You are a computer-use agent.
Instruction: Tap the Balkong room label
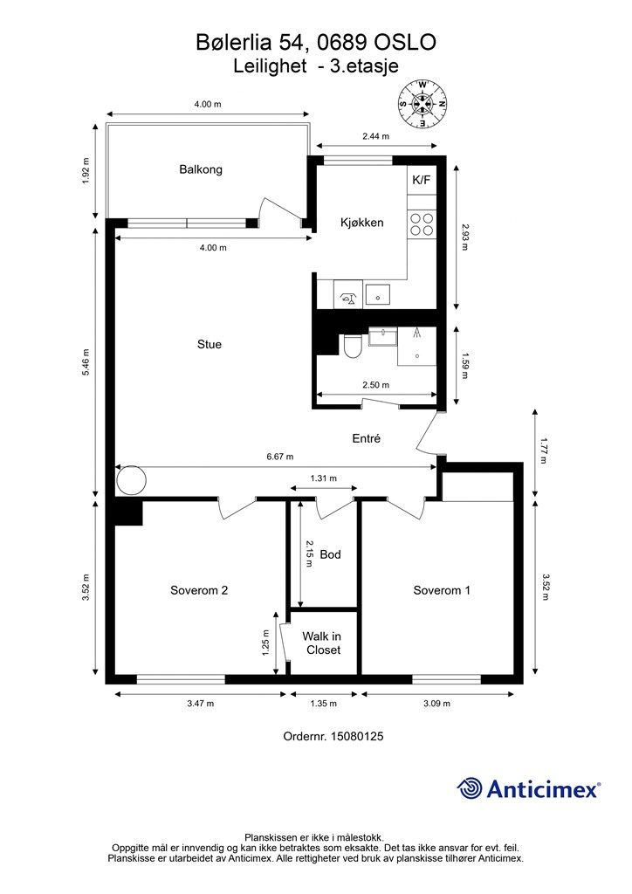201,169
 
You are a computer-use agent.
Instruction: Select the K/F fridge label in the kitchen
421,180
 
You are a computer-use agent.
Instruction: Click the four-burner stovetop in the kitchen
422,224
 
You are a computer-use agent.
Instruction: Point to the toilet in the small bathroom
353,346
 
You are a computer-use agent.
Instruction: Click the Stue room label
210,344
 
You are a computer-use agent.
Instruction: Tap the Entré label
367,439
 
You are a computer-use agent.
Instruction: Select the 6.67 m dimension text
279,457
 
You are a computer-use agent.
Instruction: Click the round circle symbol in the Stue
132,480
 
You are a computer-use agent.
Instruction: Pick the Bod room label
330,554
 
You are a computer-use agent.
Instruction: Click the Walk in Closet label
323,643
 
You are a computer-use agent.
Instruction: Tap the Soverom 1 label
442,590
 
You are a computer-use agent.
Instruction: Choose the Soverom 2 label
199,590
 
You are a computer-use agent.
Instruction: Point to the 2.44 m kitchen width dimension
375,136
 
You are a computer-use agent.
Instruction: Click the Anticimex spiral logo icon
471,788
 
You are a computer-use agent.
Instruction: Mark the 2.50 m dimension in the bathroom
375,384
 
